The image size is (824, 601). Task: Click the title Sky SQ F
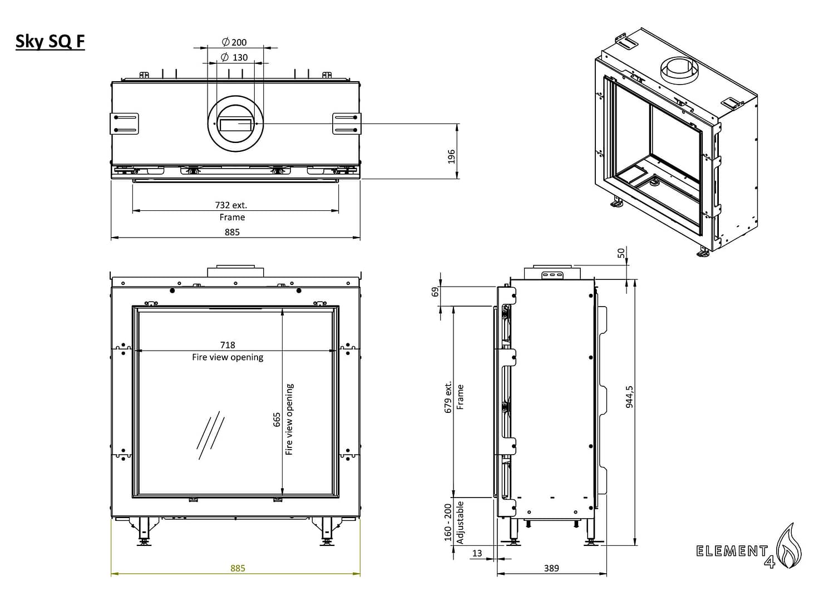click(50, 42)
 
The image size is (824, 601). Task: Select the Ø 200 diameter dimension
click(234, 42)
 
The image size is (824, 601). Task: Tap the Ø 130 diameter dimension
click(234, 57)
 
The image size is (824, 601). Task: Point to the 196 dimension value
click(451, 156)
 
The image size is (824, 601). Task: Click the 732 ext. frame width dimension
click(231, 205)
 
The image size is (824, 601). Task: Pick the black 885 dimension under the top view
click(232, 232)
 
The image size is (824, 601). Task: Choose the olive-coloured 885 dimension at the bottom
click(238, 568)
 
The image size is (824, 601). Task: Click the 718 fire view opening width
click(228, 345)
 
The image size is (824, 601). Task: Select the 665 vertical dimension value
click(277, 420)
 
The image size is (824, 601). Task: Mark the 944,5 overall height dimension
click(629, 396)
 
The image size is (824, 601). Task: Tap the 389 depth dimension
click(551, 568)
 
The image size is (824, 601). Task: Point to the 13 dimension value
click(477, 553)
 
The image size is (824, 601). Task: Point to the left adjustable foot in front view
click(144, 531)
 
